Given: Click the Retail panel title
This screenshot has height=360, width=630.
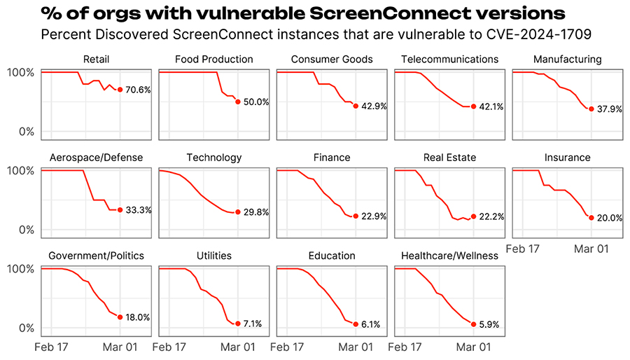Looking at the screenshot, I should pyautogui.click(x=95, y=60).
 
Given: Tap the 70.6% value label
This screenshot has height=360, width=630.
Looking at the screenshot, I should pyautogui.click(x=139, y=90).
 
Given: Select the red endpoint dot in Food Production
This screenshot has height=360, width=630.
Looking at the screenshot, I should pyautogui.click(x=238, y=102).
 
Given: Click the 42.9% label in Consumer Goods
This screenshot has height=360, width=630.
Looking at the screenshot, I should pyautogui.click(x=374, y=106).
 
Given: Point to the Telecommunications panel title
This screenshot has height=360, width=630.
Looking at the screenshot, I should pyautogui.click(x=449, y=60).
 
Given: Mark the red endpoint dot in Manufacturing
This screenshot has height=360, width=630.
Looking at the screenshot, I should pyautogui.click(x=591, y=109).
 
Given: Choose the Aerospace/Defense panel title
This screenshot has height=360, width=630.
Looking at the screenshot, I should pyautogui.click(x=96, y=158).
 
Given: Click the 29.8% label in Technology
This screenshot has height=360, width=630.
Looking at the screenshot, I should pyautogui.click(x=256, y=212).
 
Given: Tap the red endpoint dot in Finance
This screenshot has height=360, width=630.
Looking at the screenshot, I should pyautogui.click(x=356, y=216).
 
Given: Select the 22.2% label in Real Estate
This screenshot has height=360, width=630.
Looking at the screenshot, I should pyautogui.click(x=492, y=217).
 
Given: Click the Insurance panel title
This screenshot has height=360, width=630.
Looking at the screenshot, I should pyautogui.click(x=567, y=158).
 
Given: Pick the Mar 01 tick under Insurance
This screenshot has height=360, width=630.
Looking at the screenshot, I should pyautogui.click(x=591, y=249).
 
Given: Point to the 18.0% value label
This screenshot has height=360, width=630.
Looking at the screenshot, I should pyautogui.click(x=138, y=318).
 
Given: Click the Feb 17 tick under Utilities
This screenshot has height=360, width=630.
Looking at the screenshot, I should pyautogui.click(x=169, y=347).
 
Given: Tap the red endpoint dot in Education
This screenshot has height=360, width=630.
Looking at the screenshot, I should pyautogui.click(x=356, y=324).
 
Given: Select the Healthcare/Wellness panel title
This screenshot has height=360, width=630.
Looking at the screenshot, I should pyautogui.click(x=449, y=256).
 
